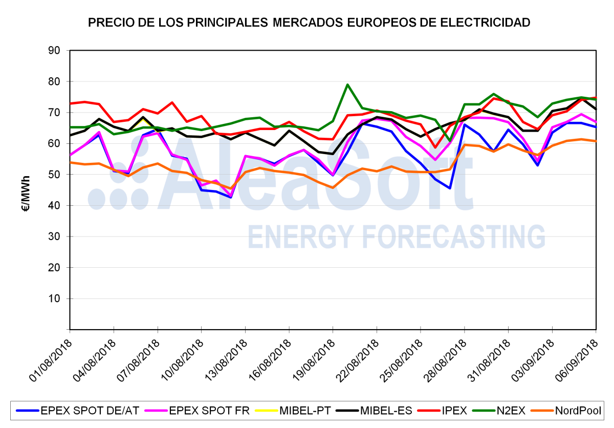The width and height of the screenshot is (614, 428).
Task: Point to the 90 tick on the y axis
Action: click(54, 51)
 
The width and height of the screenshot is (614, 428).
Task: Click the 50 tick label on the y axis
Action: click(54, 175)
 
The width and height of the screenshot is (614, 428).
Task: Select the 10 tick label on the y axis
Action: click(54, 298)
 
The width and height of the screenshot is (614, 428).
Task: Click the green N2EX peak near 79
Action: click(347, 84)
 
